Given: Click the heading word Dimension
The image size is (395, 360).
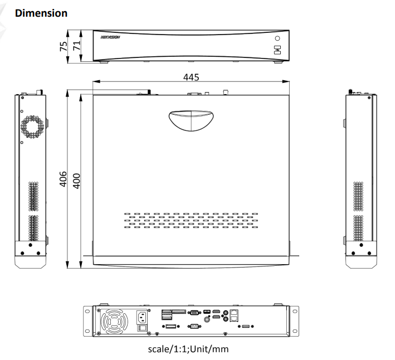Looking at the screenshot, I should [x=42, y=13].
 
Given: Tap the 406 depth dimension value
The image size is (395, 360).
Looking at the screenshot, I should [x=64, y=179].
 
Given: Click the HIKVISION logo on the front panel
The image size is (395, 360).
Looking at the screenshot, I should [x=111, y=40].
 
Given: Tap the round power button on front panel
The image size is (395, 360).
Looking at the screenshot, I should [x=277, y=38].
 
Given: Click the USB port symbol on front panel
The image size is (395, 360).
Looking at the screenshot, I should [x=277, y=50].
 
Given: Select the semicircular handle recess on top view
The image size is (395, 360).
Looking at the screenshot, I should [x=190, y=119].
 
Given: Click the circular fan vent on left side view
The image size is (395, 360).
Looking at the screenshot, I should [x=32, y=126].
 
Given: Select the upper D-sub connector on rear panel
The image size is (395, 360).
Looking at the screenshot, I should [x=194, y=314].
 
